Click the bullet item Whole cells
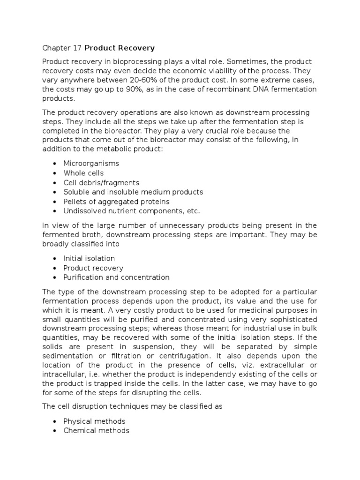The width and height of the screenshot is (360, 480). pos(83,173)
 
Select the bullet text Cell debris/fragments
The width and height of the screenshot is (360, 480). pos(101,182)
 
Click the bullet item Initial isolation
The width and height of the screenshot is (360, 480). pos(89,258)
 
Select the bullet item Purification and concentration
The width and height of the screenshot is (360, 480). pos(116,277)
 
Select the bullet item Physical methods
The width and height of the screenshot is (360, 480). pos(94,421)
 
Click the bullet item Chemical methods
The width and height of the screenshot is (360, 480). pos(96,430)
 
